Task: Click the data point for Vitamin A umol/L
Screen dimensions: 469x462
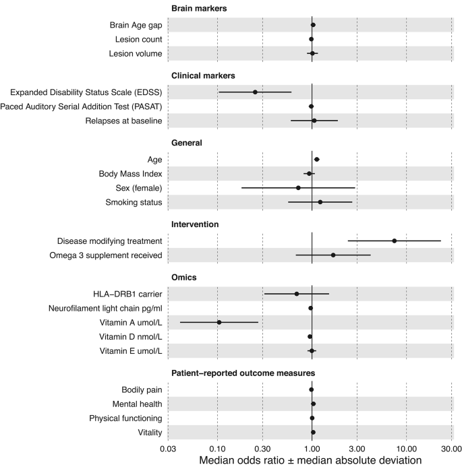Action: point(219,322)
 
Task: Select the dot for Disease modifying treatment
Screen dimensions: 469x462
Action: point(395,241)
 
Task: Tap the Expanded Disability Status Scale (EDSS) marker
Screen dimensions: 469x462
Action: point(255,92)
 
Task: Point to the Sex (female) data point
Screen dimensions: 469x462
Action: point(298,188)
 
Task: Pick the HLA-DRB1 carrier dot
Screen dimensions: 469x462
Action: point(297,294)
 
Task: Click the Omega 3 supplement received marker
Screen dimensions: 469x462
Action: point(333,255)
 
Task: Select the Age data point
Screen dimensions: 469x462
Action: point(317,160)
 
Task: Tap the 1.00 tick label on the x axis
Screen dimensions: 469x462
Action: point(312,447)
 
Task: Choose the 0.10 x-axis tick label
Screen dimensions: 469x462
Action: point(217,447)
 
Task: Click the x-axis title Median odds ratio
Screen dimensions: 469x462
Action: point(310,461)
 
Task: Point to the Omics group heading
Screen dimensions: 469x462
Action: point(184,278)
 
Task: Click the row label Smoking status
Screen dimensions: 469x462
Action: point(134,202)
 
